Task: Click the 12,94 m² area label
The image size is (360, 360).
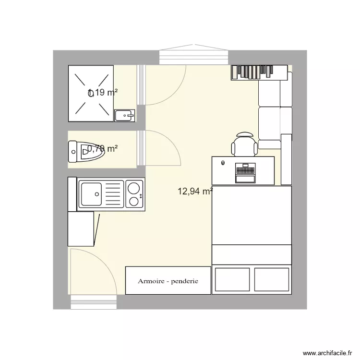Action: click(195, 192)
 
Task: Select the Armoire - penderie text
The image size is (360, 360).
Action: click(168, 281)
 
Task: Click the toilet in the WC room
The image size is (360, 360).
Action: click(79, 151)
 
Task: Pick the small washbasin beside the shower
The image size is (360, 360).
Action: click(125, 115)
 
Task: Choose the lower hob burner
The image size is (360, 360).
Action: click(133, 202)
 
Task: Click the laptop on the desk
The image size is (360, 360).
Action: click(245, 173)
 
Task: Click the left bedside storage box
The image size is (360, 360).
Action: click(232, 279)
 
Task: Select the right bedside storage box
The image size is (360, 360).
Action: click(272, 279)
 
